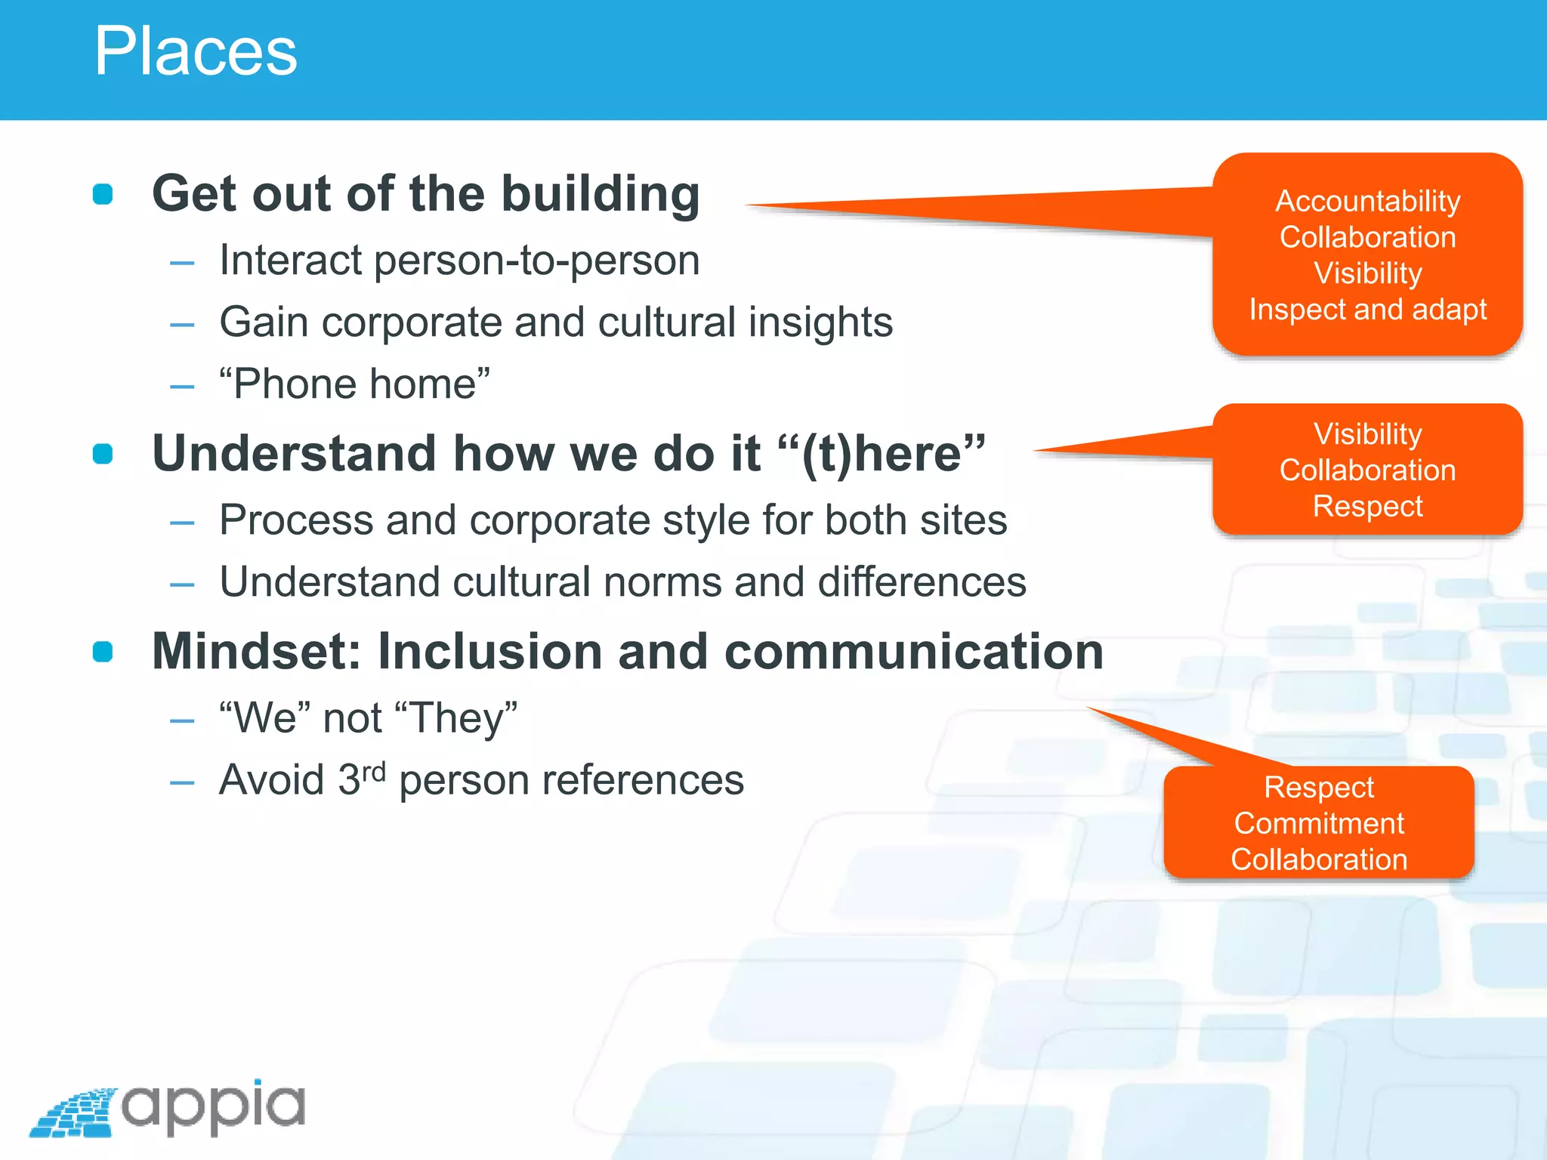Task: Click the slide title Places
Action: tap(195, 51)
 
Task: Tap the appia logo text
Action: tap(213, 1106)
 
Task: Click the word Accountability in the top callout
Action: tap(1367, 201)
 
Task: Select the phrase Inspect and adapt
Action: tap(1367, 310)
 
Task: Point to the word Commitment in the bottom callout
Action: tap(1319, 823)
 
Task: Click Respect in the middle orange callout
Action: tap(1367, 506)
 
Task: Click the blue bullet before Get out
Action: tap(103, 194)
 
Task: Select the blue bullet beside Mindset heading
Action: tap(103, 651)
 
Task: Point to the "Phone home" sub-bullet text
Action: tap(355, 384)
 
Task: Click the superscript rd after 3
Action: tap(374, 772)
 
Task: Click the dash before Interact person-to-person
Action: tap(182, 263)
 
